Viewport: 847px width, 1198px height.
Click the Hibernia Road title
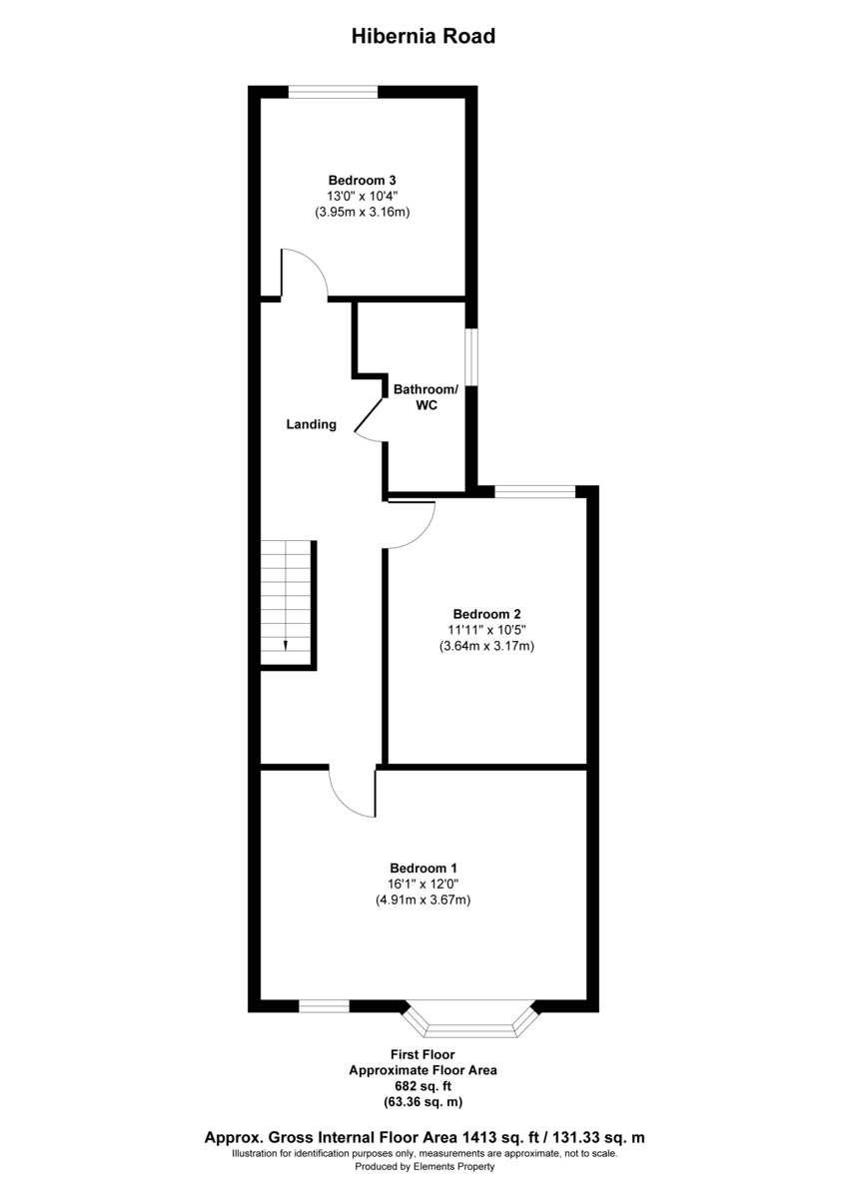423,37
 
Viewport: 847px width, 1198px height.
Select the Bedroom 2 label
487,614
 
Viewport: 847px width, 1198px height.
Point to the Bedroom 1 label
423,868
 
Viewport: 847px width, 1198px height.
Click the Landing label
312,424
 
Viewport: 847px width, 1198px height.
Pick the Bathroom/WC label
426,397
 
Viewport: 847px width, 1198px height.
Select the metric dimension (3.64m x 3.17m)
487,646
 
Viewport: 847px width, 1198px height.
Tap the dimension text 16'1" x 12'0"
423,884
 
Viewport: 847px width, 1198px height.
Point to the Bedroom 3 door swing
305,272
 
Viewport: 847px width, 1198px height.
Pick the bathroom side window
473,356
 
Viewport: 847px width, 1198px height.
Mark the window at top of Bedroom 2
535,490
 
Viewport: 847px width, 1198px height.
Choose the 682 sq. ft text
423,1086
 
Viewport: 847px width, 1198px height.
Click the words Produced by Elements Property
423,1166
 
